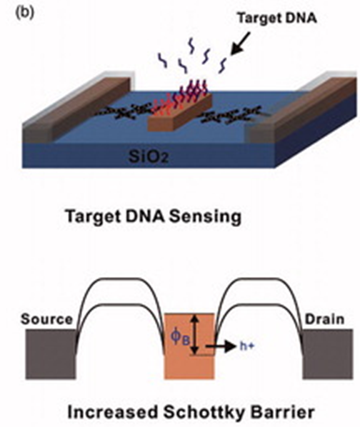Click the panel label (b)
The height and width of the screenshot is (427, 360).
coord(25,13)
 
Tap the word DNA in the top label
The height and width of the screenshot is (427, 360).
coord(300,18)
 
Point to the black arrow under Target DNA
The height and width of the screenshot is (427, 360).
coord(240,43)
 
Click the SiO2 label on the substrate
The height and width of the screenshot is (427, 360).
coord(149,156)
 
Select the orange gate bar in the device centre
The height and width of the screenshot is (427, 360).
coord(180,112)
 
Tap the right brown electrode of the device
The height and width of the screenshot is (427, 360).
coord(302,109)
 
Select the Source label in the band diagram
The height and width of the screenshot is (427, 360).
coord(47,319)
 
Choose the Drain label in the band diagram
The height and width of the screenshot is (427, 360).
coord(324,319)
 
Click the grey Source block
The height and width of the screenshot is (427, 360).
coord(51,354)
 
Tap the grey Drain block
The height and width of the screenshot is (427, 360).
coord(328,354)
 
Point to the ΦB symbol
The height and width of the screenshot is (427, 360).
coord(180,337)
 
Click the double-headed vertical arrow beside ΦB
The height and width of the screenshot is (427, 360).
coord(194,334)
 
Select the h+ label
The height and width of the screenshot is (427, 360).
coord(247,346)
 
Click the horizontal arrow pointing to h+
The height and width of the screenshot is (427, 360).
coord(221,346)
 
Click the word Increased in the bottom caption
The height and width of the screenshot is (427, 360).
coord(112,412)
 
